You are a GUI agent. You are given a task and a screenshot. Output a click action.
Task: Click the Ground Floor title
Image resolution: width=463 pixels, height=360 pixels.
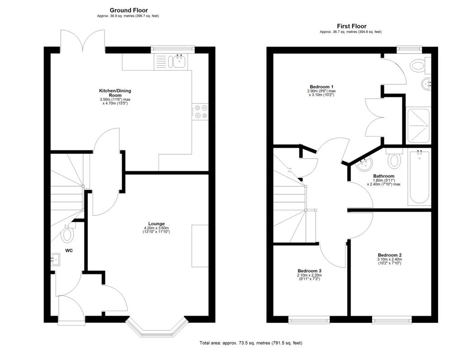(x=128, y=10)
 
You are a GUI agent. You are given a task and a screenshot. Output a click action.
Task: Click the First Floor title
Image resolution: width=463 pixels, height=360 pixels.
(x=351, y=26)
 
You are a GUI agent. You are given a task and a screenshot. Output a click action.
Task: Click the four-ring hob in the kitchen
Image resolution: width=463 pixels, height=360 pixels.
(x=200, y=112)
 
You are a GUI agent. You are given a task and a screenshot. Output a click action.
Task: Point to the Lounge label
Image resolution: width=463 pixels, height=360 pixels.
(x=156, y=223)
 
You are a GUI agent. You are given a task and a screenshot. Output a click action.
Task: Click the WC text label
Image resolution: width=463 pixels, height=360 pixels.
(x=69, y=250)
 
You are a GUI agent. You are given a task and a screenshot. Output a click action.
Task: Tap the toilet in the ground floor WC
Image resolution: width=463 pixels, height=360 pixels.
(x=68, y=234)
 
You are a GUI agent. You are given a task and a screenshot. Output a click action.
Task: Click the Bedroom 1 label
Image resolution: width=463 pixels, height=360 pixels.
(x=321, y=87)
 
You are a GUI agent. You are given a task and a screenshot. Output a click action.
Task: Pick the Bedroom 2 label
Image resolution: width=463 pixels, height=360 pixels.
(x=389, y=255)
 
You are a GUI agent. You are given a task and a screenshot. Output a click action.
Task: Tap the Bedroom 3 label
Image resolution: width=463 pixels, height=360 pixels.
(x=309, y=271)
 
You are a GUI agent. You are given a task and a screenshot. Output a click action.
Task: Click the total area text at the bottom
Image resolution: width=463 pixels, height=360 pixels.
(x=251, y=343)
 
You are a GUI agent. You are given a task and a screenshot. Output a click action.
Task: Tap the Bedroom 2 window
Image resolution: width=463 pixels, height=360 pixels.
(x=392, y=320)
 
